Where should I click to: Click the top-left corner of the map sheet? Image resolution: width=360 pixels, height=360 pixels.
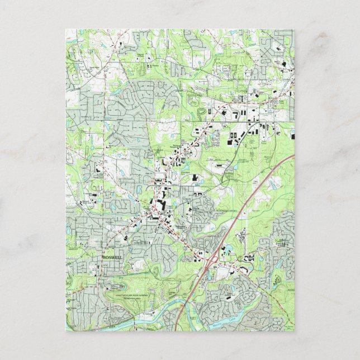[x=65, y=30]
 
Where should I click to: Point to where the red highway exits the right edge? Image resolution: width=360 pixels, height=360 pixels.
[x=295, y=156]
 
